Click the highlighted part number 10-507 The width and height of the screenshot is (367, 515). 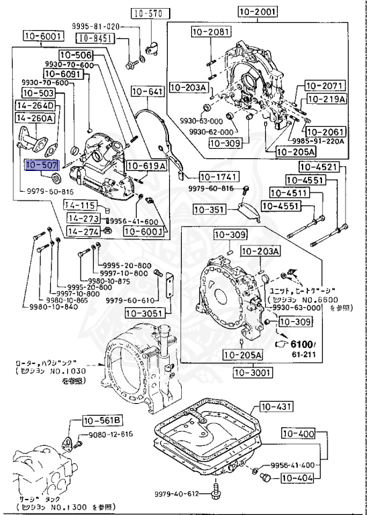42,163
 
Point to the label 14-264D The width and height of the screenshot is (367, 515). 36,105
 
